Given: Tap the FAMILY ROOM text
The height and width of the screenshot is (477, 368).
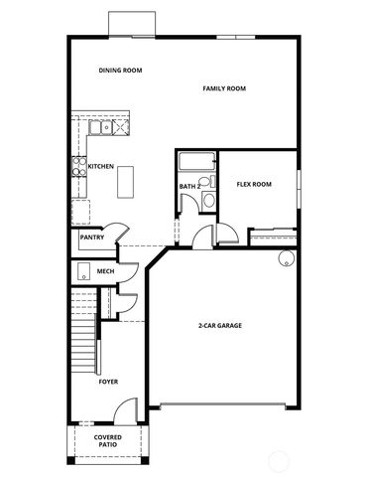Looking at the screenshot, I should [224, 88].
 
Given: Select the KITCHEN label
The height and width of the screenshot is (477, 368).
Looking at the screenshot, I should [100, 167].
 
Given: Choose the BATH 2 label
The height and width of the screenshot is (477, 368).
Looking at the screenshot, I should [189, 186].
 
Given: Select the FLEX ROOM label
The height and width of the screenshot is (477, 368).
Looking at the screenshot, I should [254, 185].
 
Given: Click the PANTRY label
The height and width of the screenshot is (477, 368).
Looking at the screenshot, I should [92, 238].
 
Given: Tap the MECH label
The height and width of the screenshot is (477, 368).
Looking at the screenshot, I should [105, 270].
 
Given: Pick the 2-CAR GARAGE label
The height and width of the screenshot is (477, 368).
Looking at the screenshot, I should [221, 325].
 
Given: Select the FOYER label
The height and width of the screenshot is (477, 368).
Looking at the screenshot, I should [108, 382].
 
